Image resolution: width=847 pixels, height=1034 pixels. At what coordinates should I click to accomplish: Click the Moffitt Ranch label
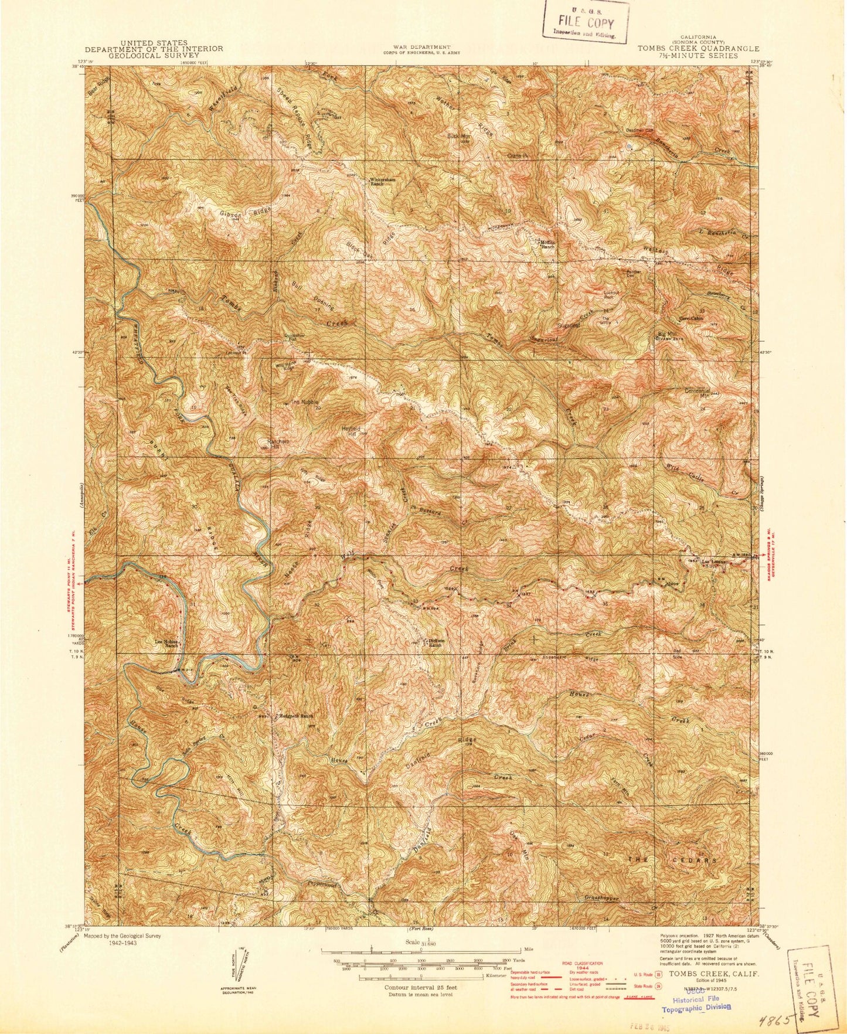(547, 244)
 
